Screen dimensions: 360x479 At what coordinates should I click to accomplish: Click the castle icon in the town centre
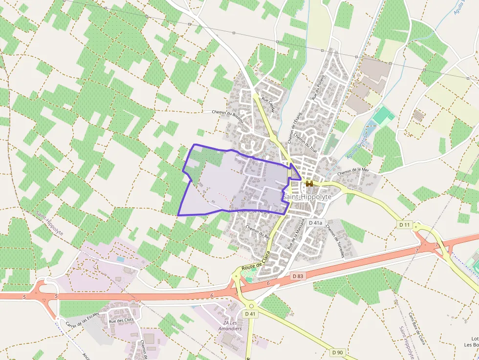point(309,184)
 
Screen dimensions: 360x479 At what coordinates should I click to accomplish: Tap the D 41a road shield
point(315,223)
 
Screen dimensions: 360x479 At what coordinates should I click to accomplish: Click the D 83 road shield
point(298,276)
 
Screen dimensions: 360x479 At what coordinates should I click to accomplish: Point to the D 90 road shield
point(337,352)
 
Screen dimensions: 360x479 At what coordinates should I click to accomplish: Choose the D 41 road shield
point(250,314)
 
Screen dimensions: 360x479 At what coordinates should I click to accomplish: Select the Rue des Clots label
point(121,320)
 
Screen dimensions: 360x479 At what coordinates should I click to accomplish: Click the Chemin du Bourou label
point(228,112)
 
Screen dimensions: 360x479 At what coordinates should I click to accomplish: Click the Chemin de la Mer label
point(352,171)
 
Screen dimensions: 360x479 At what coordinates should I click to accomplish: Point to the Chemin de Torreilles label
point(335,241)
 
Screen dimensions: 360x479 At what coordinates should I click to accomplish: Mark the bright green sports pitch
point(384,116)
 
